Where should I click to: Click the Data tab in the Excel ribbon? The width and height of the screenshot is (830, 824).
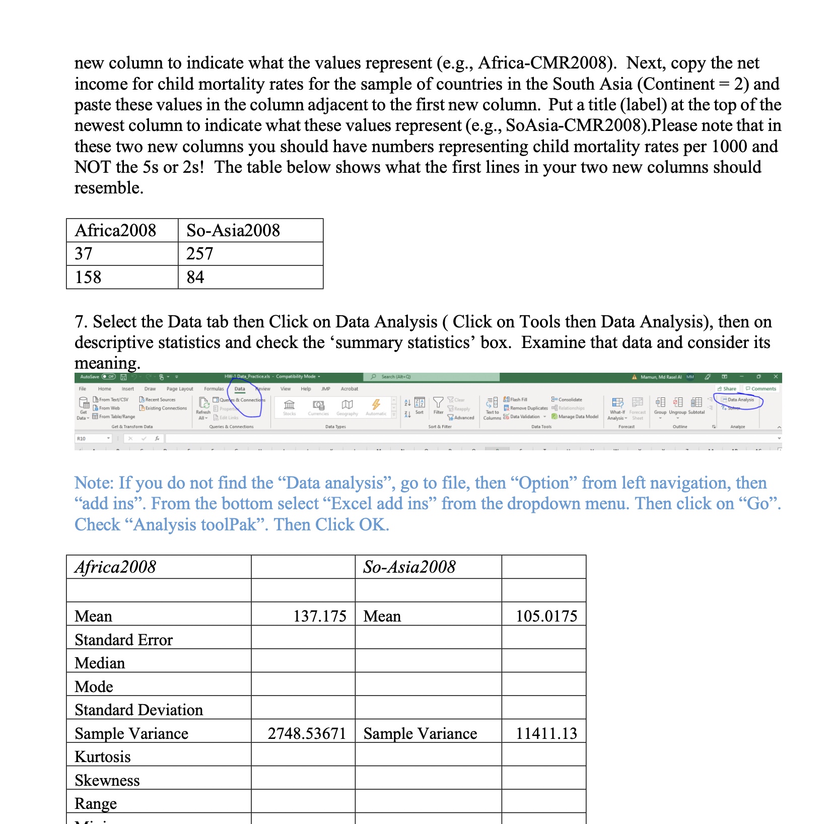click(x=240, y=389)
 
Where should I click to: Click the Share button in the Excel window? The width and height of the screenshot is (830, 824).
click(x=727, y=389)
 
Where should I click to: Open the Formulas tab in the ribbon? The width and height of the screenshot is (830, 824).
click(x=214, y=389)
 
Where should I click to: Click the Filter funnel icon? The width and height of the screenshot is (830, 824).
click(x=438, y=403)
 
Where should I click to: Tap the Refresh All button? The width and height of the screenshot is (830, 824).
click(x=203, y=408)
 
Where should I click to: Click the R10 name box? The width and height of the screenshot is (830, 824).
click(x=91, y=439)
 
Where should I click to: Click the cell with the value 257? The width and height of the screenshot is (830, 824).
click(x=199, y=254)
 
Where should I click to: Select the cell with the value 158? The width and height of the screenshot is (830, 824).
click(x=88, y=278)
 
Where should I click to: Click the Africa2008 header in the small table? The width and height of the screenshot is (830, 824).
click(x=115, y=231)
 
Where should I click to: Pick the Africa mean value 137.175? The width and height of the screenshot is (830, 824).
click(x=320, y=616)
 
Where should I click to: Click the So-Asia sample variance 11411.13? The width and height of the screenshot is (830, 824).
click(x=546, y=733)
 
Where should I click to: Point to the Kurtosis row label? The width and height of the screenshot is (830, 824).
click(x=103, y=757)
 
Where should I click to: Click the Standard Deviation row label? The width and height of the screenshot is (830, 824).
click(x=139, y=710)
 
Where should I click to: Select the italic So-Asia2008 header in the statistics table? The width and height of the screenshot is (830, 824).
click(x=409, y=567)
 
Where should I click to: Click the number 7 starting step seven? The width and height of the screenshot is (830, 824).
click(x=79, y=322)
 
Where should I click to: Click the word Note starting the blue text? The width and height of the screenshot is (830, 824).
click(x=94, y=483)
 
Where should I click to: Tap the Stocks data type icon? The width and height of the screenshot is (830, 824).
click(x=289, y=405)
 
